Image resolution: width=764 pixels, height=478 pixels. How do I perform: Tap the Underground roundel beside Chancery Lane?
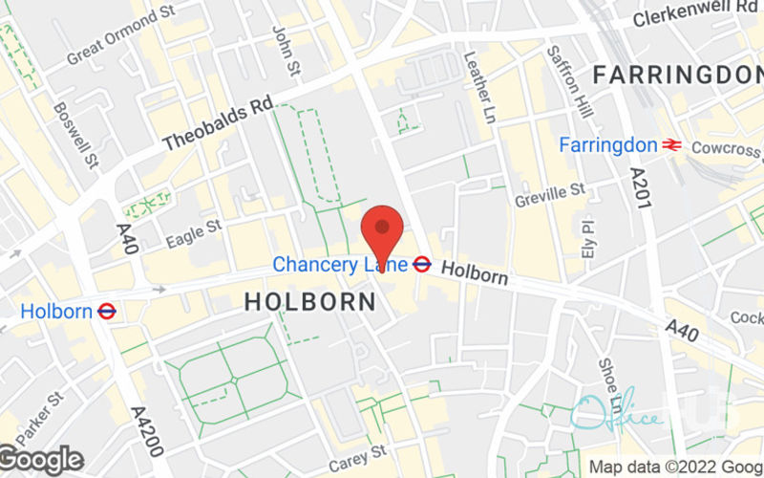(422, 263)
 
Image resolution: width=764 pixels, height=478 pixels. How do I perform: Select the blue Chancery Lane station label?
(340, 263)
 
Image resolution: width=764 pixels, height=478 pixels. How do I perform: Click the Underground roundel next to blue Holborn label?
(107, 311)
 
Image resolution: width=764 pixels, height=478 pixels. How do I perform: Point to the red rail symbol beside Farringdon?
(672, 145)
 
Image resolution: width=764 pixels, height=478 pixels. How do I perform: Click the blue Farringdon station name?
(608, 145)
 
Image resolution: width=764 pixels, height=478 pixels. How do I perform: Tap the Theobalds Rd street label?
(218, 125)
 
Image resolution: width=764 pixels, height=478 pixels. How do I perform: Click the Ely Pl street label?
(587, 233)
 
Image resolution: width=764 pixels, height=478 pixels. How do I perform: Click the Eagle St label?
(193, 233)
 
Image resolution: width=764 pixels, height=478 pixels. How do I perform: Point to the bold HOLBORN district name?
(309, 301)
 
